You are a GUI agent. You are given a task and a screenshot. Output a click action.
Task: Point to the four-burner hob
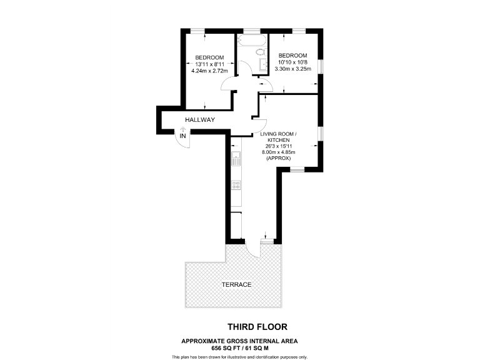(x=236, y=184)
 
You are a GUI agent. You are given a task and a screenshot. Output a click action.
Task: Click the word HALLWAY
(x=200, y=120)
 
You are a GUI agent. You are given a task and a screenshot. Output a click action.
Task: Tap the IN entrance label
(x=182, y=136)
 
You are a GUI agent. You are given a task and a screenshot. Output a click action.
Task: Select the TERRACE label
(x=236, y=285)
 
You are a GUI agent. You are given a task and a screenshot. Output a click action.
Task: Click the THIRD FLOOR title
(x=257, y=327)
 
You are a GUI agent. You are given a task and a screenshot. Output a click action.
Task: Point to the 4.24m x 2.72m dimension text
(x=209, y=71)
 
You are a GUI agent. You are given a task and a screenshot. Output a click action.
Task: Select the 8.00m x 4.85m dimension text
(x=278, y=152)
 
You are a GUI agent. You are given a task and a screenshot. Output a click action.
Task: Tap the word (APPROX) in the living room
(x=278, y=159)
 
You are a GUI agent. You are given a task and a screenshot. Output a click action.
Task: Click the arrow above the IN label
(x=182, y=129)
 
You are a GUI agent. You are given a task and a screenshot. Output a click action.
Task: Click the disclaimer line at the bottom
(x=240, y=356)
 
